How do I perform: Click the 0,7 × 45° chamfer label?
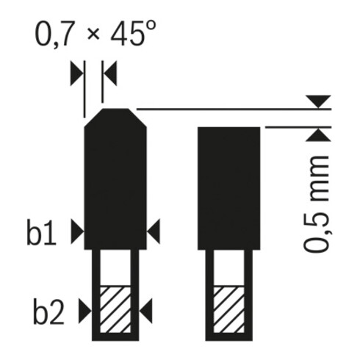click(x=96, y=35)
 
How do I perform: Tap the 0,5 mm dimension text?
click(x=317, y=204)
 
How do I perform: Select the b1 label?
click(x=41, y=233)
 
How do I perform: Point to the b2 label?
click(x=48, y=312)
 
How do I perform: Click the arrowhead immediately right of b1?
click(x=77, y=231)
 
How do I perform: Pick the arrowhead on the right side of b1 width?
click(x=154, y=231)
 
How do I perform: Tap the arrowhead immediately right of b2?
click(x=85, y=311)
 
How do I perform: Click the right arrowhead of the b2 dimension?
click(x=146, y=311)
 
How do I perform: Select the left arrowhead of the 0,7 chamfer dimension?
click(x=77, y=73)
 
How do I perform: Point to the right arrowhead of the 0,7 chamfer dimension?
click(x=110, y=73)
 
